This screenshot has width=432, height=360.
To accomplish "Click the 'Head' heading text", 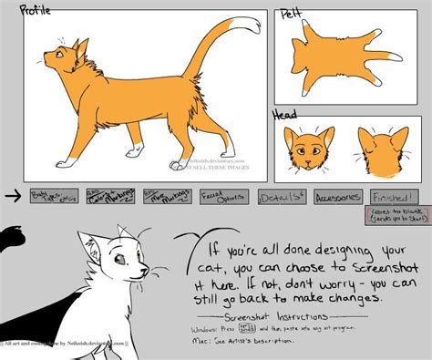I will (285, 116).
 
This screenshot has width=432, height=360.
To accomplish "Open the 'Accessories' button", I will (338, 196).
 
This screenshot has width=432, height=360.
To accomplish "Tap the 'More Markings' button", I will (166, 196).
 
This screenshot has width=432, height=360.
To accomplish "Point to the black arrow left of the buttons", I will (12, 194).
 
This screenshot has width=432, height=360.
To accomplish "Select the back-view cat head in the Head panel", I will (381, 149).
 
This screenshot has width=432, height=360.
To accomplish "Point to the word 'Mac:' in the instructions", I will (201, 340).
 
